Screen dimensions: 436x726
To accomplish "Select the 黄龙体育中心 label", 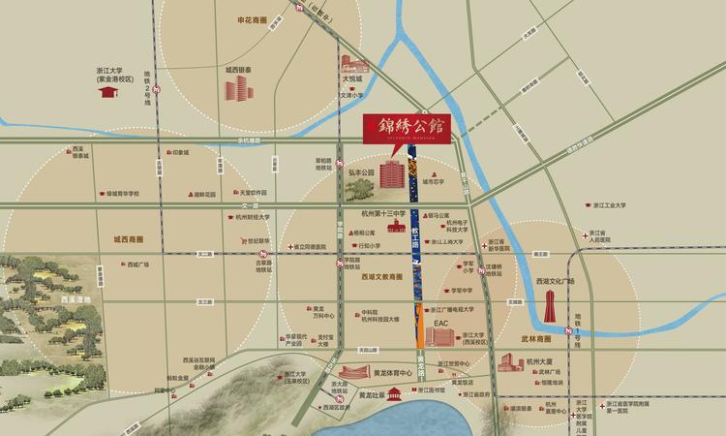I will coord(392,372).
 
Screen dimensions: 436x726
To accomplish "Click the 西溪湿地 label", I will coord(76,300).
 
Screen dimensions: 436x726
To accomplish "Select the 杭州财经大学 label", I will coord(253,218).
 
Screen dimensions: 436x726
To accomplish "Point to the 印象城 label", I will coord(180,152).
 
